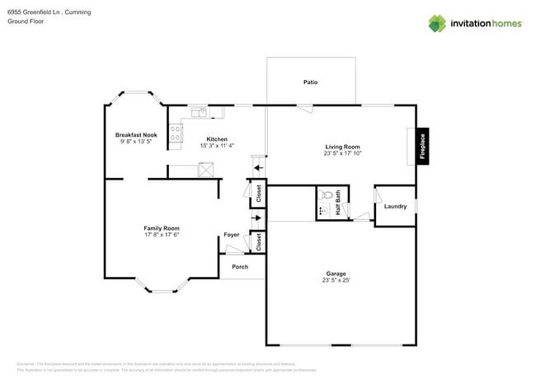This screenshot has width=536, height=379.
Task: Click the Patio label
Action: click(310, 82)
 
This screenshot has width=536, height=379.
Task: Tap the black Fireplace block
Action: click(422, 146)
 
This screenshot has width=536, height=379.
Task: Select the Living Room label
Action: click(342, 147)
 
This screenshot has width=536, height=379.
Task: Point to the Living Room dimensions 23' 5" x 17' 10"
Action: click(342, 153)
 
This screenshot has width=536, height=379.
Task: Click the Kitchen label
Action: click(217, 139)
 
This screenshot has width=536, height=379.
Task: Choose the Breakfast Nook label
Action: click(136, 134)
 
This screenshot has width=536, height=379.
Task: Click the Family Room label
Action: click(162, 228)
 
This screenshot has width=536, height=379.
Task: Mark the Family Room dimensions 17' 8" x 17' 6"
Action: click(162, 235)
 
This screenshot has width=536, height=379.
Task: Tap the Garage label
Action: click(336, 274)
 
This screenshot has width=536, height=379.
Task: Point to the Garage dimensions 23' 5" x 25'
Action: click(336, 280)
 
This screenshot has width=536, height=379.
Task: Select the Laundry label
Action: click(395, 206)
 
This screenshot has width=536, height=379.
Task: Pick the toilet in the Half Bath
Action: click(325, 195)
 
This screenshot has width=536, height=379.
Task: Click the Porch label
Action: click(240, 267)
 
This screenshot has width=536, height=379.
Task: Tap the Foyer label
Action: click(232, 235)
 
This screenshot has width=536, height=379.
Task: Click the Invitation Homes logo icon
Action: click(437, 23)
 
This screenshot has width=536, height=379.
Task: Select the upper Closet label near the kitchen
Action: click(259, 194)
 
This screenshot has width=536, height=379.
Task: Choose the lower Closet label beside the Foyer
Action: click(259, 242)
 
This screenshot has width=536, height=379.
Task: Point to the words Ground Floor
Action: click(25, 22)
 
